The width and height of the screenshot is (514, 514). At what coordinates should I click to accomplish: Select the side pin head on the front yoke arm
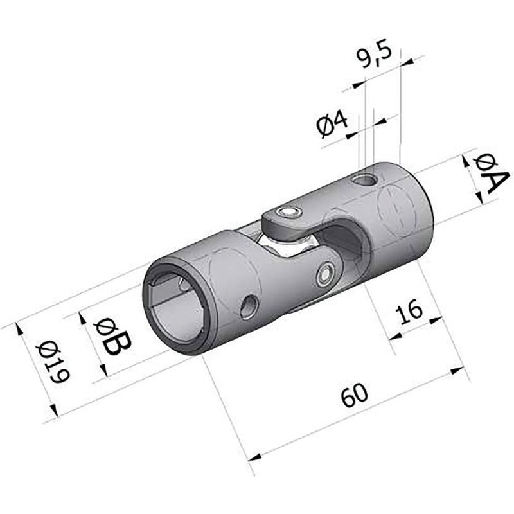[326, 274]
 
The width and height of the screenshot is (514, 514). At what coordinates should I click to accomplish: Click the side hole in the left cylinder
[248, 306]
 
